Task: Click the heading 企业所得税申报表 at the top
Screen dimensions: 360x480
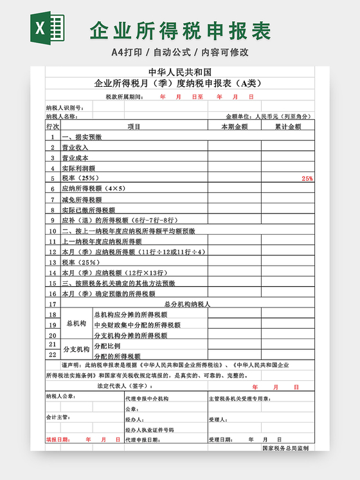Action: [181, 30]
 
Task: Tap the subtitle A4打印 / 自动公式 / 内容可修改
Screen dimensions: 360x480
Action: [180, 51]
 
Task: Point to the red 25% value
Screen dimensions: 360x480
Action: [307, 178]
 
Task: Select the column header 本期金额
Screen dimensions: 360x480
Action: [233, 127]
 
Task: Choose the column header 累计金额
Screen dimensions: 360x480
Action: [287, 127]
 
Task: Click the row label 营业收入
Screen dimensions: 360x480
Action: [75, 147]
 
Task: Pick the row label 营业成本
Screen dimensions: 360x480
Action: [75, 158]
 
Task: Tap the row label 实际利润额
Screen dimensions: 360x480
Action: [78, 168]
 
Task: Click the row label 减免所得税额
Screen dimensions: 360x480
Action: [80, 199]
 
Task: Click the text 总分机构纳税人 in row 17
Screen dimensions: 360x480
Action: [188, 304]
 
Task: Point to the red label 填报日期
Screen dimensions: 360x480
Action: [57, 439]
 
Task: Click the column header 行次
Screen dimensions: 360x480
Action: [53, 127]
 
